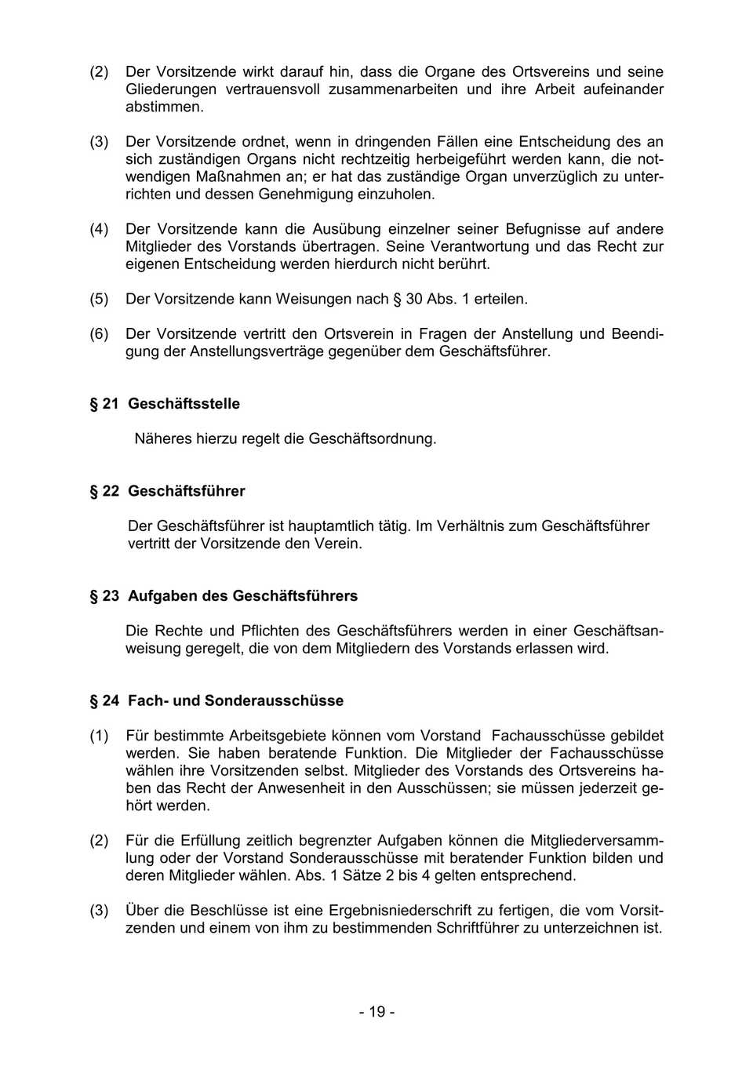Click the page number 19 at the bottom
377,1012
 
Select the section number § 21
104,404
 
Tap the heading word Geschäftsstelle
184,404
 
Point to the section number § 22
104,491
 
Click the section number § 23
104,596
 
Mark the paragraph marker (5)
99,299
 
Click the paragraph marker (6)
99,334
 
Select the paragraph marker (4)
99,229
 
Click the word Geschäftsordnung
372,438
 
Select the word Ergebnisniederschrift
400,911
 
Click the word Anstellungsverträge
256,351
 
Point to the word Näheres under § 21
162,438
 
